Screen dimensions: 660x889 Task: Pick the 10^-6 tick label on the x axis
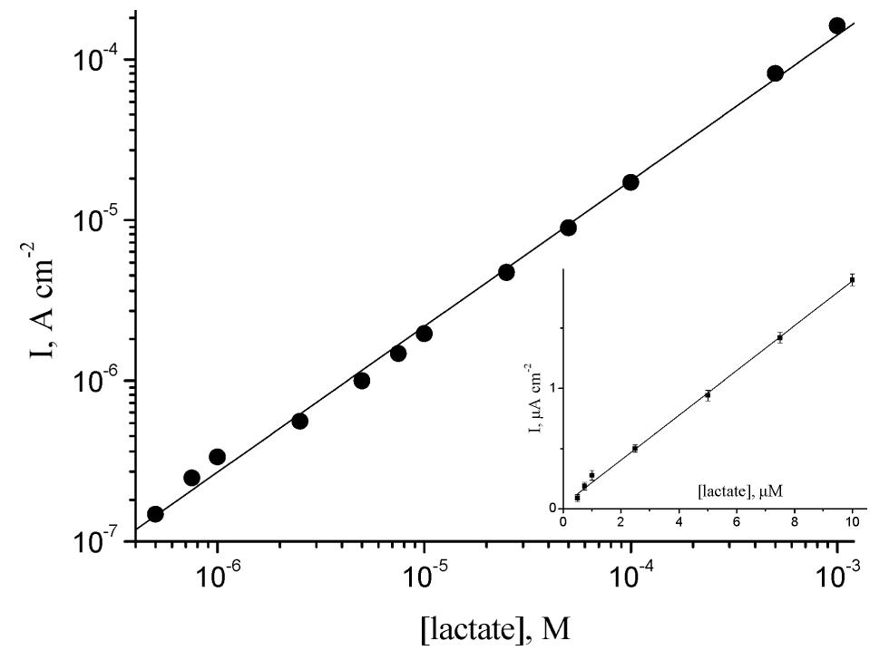[x=216, y=572]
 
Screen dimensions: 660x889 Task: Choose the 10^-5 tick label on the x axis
[x=423, y=572]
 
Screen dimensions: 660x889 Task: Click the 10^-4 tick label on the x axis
[x=630, y=572]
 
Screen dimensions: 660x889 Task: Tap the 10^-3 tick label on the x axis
[x=836, y=572]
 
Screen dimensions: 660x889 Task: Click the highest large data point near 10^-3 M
[x=837, y=25]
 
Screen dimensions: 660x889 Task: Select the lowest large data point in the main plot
[x=155, y=514]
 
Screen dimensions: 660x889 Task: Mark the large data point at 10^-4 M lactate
[x=630, y=182]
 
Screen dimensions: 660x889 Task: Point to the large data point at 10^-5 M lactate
[x=424, y=334]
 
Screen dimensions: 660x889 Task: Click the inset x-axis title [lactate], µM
[x=740, y=490]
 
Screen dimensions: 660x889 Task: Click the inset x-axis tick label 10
[x=852, y=523]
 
